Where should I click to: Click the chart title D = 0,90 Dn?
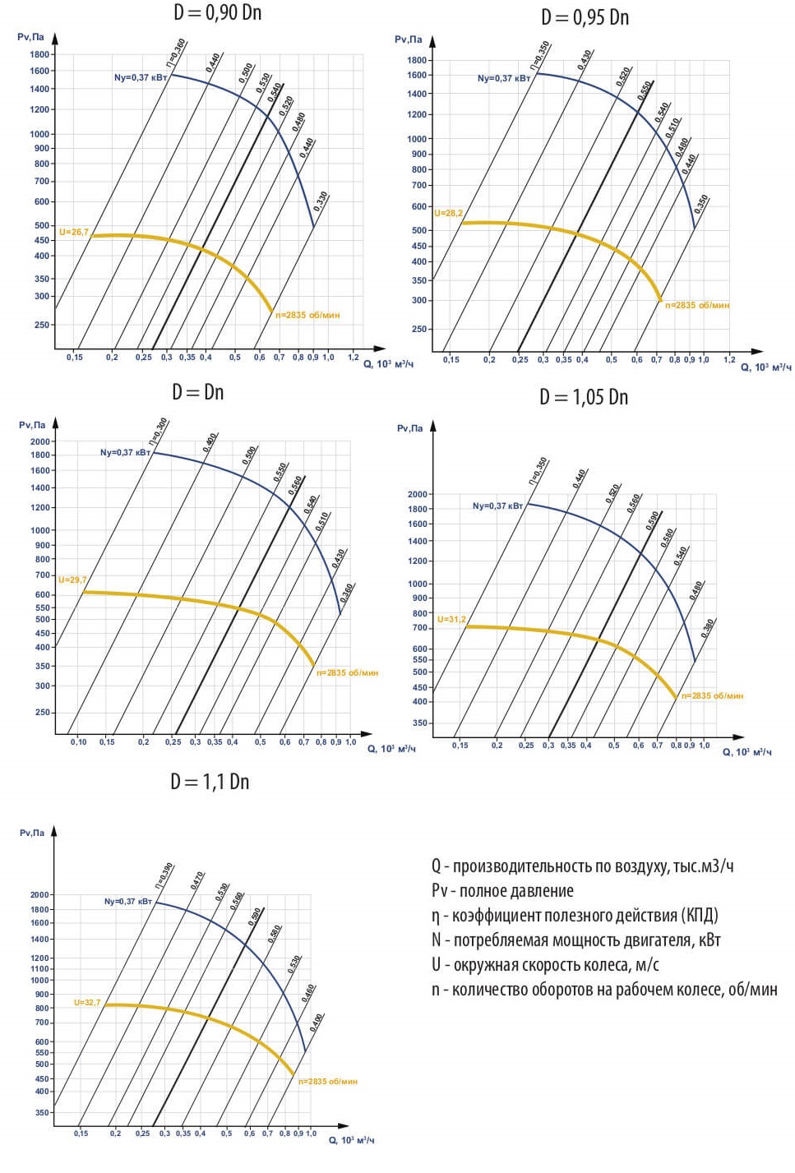(217, 12)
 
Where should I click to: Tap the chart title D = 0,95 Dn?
(585, 17)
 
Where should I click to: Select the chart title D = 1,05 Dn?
(584, 398)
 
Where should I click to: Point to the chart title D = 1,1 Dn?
(210, 782)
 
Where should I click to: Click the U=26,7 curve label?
(73, 233)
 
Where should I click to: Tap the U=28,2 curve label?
(448, 214)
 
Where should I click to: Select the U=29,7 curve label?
(72, 580)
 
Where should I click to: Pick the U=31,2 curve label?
(451, 620)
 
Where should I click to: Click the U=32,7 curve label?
(87, 1003)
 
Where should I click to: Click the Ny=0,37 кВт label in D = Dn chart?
(125, 453)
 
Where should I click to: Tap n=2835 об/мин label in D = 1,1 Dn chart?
(327, 1082)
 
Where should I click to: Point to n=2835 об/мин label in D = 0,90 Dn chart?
(307, 316)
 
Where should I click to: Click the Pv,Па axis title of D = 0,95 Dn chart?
(408, 39)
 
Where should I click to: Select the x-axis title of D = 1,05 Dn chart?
(746, 752)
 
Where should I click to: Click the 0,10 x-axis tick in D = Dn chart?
(78, 742)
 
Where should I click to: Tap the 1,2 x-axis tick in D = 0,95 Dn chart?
(729, 359)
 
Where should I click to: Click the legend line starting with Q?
(582, 866)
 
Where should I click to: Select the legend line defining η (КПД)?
(575, 916)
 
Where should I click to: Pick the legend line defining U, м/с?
(545, 965)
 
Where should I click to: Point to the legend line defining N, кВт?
(575, 940)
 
